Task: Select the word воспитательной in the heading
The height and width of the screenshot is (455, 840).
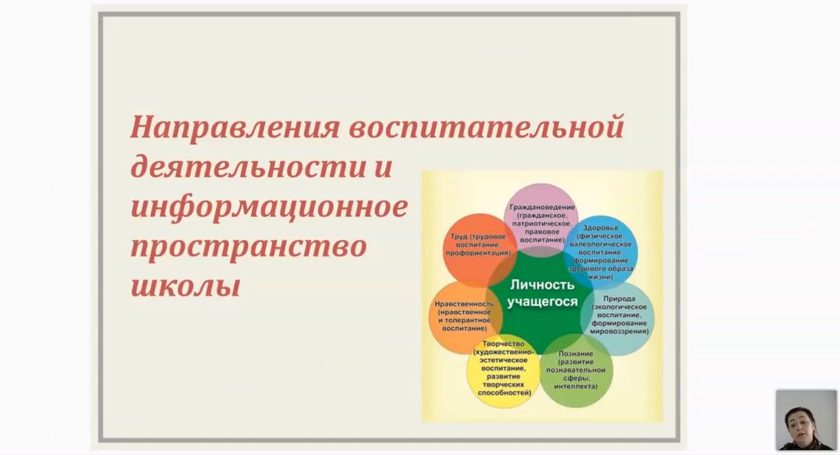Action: [x=487, y=128]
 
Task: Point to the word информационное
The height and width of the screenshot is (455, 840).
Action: [x=269, y=208]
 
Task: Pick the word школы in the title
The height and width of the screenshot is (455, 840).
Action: [x=185, y=286]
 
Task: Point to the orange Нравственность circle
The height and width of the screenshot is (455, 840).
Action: [x=465, y=317]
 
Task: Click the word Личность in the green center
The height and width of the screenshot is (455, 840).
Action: [x=534, y=285]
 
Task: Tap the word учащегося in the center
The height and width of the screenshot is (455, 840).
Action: [x=542, y=302]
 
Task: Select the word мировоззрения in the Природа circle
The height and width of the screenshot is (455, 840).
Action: [x=618, y=332]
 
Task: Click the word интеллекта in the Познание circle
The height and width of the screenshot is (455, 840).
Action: [x=575, y=386]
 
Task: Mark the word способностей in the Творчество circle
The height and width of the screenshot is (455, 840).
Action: [x=504, y=392]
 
